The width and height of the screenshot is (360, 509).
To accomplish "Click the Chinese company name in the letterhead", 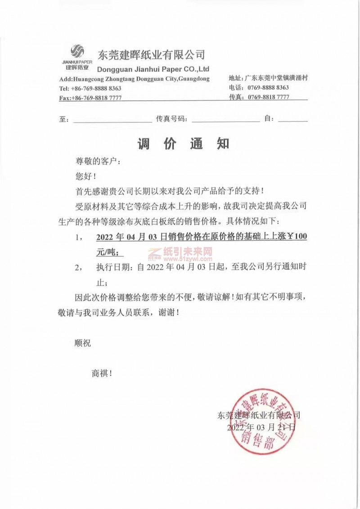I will pyautogui.click(x=152, y=55).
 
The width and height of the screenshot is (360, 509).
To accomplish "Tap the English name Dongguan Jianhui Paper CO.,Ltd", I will pyautogui.click(x=153, y=69).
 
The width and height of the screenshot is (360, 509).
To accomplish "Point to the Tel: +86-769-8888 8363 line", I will pyautogui.click(x=90, y=88).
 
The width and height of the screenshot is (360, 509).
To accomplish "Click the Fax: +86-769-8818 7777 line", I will pyautogui.click(x=90, y=98).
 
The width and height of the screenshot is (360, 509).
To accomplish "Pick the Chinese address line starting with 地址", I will pyautogui.click(x=268, y=78).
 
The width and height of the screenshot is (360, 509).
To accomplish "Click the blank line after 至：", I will pyautogui.click(x=112, y=120).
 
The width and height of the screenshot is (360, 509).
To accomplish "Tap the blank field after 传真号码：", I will pyautogui.click(x=225, y=120).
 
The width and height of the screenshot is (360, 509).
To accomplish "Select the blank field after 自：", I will pyautogui.click(x=293, y=120).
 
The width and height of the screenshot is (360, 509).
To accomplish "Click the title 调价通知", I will pyautogui.click(x=183, y=144).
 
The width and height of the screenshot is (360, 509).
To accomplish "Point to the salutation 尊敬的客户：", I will pyautogui.click(x=98, y=161).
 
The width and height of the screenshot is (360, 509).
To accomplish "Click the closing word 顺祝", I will pyautogui.click(x=82, y=343).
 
